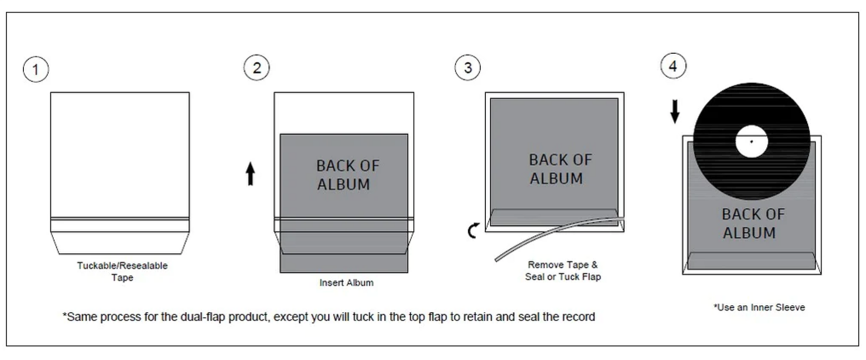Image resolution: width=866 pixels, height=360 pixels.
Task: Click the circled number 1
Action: [36, 69]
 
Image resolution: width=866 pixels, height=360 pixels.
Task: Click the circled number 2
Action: [257, 68]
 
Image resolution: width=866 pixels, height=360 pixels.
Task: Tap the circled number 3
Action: [468, 68]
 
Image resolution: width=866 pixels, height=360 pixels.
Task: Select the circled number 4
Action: [673, 66]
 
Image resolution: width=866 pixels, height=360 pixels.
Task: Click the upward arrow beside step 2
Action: [250, 173]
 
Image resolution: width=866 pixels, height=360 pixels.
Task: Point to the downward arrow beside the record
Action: [675, 111]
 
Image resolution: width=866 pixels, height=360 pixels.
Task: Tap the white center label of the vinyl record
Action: [752, 142]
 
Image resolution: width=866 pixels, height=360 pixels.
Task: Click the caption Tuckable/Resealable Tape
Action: [122, 271]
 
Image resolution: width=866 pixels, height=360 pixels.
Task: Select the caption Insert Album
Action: [346, 282]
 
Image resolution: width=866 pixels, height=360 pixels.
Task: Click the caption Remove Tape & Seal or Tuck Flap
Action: [563, 270]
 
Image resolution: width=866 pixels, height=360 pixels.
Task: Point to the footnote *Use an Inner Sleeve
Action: [759, 307]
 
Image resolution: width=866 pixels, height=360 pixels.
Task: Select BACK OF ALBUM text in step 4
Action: [753, 223]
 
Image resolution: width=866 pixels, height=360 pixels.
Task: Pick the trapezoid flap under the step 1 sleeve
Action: [120, 243]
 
